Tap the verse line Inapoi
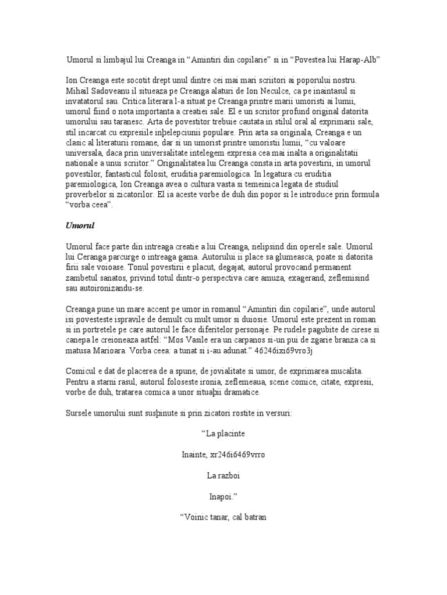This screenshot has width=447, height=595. point(223,497)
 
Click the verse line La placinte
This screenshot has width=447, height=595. point(223,434)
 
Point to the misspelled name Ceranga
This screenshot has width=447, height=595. point(93,256)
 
